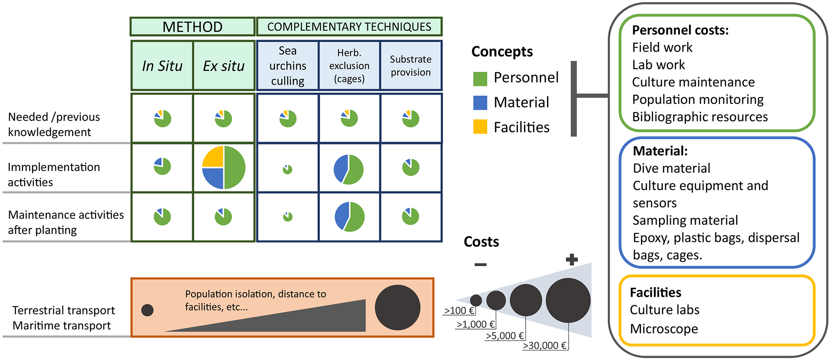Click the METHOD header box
(x=192, y=26)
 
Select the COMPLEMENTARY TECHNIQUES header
(x=349, y=26)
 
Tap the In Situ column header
(x=162, y=66)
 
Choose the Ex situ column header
(x=224, y=66)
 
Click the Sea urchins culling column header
(x=288, y=66)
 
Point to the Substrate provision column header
(x=410, y=66)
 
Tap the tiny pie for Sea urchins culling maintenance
(x=288, y=216)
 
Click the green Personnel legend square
(x=480, y=78)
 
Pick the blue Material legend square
(x=480, y=103)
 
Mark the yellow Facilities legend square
(x=480, y=127)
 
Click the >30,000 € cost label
(x=545, y=345)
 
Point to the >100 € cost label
(x=459, y=310)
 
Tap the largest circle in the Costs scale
(x=568, y=300)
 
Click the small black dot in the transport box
(x=147, y=310)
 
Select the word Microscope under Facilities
(x=664, y=329)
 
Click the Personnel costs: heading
(x=680, y=30)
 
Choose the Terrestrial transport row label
(x=63, y=310)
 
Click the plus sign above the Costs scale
(x=572, y=260)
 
